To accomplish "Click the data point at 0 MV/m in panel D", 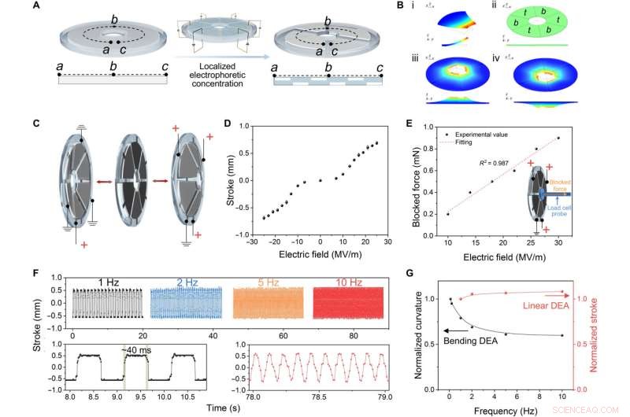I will coord(321,180).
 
